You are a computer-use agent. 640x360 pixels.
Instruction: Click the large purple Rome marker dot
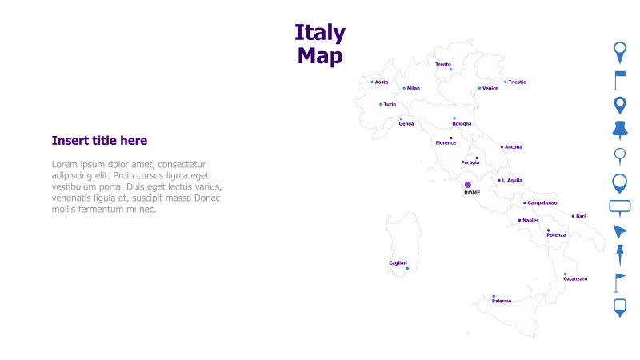[468, 185]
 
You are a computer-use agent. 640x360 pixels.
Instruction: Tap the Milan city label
[413, 89]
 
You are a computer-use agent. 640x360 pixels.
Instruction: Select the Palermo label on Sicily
[502, 301]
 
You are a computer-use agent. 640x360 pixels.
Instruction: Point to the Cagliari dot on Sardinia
[407, 269]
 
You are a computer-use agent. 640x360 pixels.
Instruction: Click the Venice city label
[490, 89]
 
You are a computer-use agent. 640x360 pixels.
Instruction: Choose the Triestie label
[517, 82]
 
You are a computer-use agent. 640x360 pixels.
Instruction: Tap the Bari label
[581, 216]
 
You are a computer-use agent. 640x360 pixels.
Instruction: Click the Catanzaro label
[575, 278]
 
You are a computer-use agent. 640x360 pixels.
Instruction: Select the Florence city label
[446, 143]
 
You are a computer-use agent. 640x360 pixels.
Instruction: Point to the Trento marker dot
[450, 70]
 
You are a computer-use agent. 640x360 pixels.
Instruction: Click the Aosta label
[382, 82]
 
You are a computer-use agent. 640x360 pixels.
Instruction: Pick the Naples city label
[530, 220]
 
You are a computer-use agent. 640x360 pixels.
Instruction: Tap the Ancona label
[514, 147]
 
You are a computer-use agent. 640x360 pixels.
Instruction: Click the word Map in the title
[320, 55]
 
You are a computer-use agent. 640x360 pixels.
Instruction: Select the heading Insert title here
[99, 141]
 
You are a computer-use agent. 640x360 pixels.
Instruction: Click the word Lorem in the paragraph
[66, 164]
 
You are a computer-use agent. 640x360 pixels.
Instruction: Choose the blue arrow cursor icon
[620, 231]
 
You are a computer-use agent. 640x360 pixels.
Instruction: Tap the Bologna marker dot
[454, 118]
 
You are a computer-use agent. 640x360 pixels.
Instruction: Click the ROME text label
[472, 193]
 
